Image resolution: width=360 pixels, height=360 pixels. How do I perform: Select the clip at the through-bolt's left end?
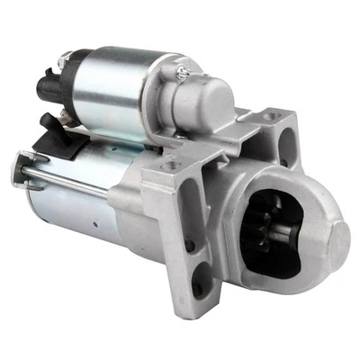tap(18, 167)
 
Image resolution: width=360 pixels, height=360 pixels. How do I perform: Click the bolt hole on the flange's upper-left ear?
tap(168, 166)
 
